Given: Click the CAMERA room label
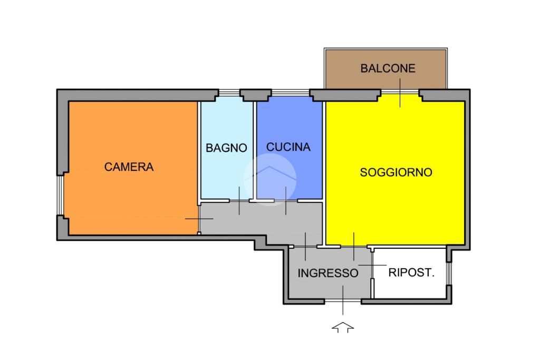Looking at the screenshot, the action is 129,167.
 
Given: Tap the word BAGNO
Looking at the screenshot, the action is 226,148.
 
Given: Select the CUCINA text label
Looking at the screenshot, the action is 288,147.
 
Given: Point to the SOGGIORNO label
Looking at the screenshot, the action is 396,172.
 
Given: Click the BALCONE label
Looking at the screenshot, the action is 388,68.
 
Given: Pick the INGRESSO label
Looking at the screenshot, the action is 328,273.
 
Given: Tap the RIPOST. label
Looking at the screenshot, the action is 411,272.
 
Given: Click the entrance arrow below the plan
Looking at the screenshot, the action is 343,327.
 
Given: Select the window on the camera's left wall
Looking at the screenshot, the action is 60,195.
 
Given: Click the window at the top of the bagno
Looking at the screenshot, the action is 229,93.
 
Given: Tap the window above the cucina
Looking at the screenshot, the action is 291,93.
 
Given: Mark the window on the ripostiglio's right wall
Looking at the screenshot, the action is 449,274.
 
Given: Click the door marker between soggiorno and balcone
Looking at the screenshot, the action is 400,93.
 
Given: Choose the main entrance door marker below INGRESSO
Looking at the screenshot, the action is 343,300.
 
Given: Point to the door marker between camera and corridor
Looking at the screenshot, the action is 199,219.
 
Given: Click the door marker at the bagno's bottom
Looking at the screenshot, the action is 239,201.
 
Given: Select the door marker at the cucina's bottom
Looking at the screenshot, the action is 286,201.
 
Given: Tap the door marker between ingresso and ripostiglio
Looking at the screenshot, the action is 372,265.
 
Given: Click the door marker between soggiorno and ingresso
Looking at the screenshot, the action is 354,247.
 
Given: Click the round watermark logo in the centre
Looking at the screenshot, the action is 270,180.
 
